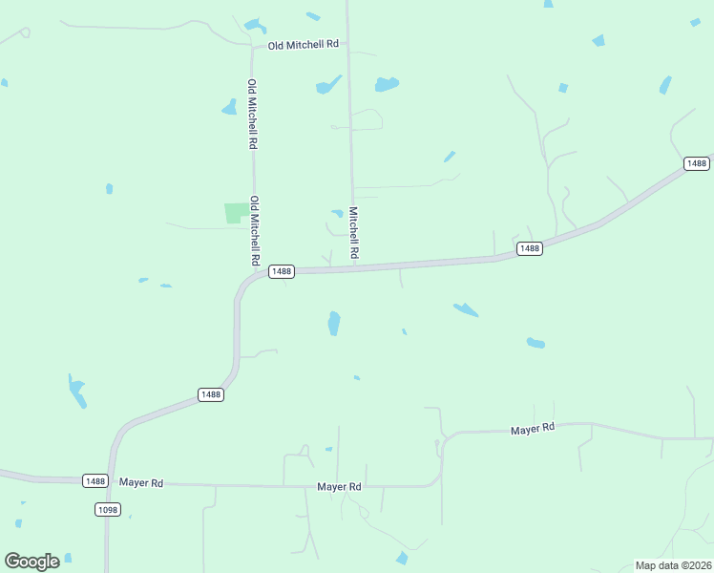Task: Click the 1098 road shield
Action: coord(107,510)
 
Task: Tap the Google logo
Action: coord(31,562)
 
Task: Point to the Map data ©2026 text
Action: coord(673,565)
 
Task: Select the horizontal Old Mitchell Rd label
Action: coord(304,45)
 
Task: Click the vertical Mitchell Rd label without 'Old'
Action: coord(353,233)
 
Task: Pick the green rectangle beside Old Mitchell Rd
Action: coord(234,213)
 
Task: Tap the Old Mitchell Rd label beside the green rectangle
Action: coord(255,231)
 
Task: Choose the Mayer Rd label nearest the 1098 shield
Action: coord(141,483)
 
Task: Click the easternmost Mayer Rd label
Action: coord(532,430)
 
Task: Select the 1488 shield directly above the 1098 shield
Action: coord(94,480)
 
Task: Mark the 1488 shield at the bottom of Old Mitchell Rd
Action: coord(281,271)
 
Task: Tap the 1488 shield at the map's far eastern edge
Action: coord(697,164)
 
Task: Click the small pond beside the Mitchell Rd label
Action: coord(337,213)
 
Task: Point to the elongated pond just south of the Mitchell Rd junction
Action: coord(333,323)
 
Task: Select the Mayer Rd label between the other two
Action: coord(339,487)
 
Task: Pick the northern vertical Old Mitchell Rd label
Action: coord(253,114)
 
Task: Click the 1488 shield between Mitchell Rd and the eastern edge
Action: coord(529,248)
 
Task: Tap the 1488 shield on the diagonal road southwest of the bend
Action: coord(210,394)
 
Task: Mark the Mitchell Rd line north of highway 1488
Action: coord(350,143)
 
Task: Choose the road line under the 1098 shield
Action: coord(106,544)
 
